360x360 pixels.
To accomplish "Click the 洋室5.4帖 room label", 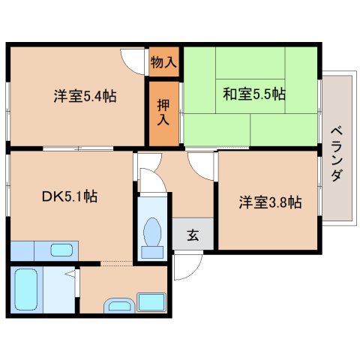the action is (85, 96).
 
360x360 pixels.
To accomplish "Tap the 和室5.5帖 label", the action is (254, 94).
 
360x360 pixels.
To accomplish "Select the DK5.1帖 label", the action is (70, 196).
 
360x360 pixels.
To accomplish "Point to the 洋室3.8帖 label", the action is (271, 202).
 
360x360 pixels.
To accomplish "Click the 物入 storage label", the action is (163, 62).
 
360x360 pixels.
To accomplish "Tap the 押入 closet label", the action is (163, 112).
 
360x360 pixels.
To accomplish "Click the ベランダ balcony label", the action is (337, 154).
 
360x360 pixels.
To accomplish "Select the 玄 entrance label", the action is (193, 235).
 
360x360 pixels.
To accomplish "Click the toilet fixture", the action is (152, 238).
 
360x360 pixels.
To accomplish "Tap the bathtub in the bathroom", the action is (26, 289).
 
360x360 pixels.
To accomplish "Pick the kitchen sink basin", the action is (61, 250).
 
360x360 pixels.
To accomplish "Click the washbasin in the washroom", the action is (119, 305).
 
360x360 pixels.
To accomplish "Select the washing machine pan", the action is (151, 302).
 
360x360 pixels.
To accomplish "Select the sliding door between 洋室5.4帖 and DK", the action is (78, 148).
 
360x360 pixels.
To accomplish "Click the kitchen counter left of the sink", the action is (22, 250).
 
